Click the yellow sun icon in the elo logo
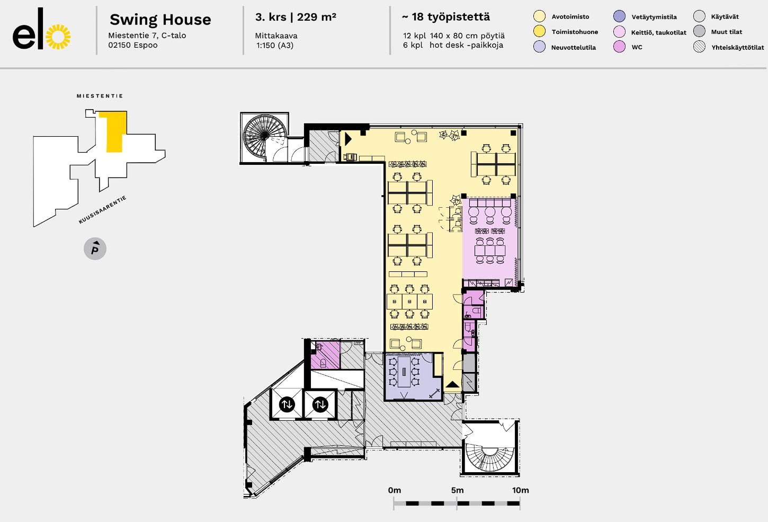click(x=58, y=37)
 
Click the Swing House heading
click(x=160, y=20)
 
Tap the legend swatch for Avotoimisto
click(x=539, y=16)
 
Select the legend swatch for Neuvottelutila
click(x=539, y=47)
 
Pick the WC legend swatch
click(x=619, y=47)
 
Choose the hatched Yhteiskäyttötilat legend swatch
click(x=699, y=47)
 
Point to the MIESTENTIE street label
click(x=100, y=96)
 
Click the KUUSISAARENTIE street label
click(x=103, y=209)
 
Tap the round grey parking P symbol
click(x=95, y=249)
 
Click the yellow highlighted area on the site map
click(x=114, y=132)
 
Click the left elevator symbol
click(x=287, y=404)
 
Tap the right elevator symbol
click(x=320, y=404)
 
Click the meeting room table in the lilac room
click(x=404, y=371)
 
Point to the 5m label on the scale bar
click(x=458, y=490)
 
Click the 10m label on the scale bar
click(x=521, y=490)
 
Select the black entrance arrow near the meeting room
click(x=452, y=384)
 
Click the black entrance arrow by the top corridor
click(x=348, y=139)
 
